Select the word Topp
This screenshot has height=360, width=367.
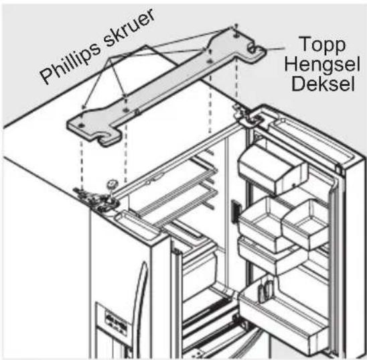click(x=323, y=45)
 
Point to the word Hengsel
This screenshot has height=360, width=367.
click(x=322, y=63)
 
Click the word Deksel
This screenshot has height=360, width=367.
click(x=323, y=83)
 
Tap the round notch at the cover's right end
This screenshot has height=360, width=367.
click(x=252, y=48)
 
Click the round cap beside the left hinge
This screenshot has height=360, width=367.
click(x=112, y=183)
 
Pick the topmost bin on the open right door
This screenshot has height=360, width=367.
click(x=273, y=170)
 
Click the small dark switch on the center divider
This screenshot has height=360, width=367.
click(x=235, y=211)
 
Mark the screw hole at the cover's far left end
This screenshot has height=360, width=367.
click(x=81, y=125)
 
